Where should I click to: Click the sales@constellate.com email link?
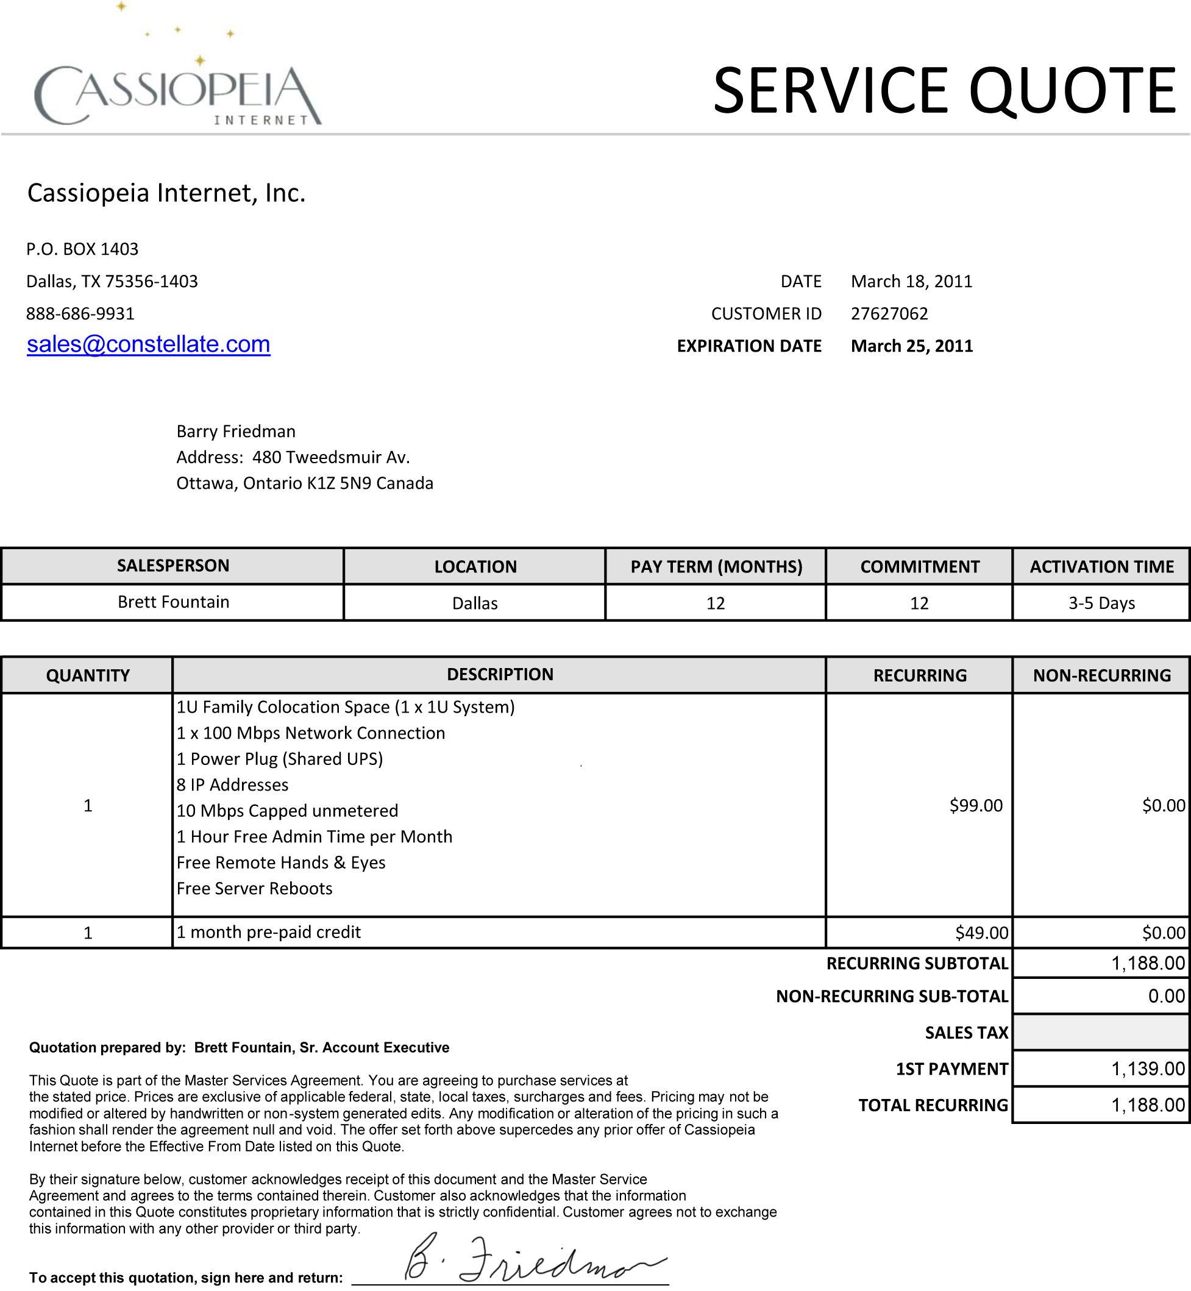click(148, 344)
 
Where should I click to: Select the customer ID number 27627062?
click(889, 314)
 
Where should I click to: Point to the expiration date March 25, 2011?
click(911, 346)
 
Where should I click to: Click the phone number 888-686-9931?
click(80, 314)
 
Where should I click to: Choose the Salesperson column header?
click(172, 566)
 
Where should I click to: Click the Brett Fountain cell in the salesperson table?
click(172, 602)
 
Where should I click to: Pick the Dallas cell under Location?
click(475, 603)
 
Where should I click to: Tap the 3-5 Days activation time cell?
click(1101, 603)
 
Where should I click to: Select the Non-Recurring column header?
click(1101, 675)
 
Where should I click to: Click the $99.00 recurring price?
click(976, 806)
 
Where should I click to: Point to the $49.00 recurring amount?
click(981, 933)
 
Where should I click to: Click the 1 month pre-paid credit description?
click(269, 933)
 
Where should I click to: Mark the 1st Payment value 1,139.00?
click(1147, 1069)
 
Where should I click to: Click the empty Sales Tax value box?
click(1101, 1033)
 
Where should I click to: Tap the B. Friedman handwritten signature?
click(532, 1259)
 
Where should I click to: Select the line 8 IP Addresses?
click(233, 785)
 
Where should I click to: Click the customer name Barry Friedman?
click(236, 431)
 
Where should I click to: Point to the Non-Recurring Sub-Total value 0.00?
click(1166, 997)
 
